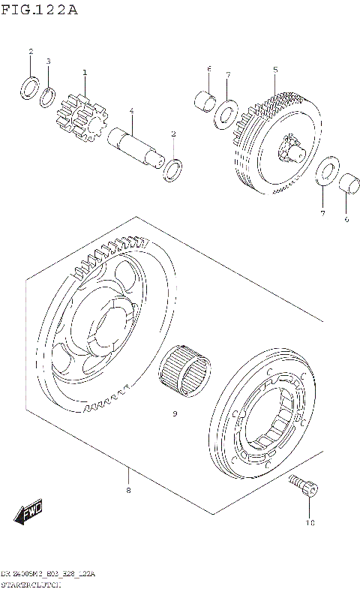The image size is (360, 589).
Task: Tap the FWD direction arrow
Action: [x=28, y=513]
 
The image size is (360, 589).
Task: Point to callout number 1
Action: [x=85, y=73]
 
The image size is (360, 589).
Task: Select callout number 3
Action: [x=49, y=61]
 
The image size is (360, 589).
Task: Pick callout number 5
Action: [x=275, y=70]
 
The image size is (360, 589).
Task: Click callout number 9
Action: [x=174, y=413]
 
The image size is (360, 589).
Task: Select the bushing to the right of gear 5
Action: [x=346, y=183]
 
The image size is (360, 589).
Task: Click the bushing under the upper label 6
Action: [x=205, y=99]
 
